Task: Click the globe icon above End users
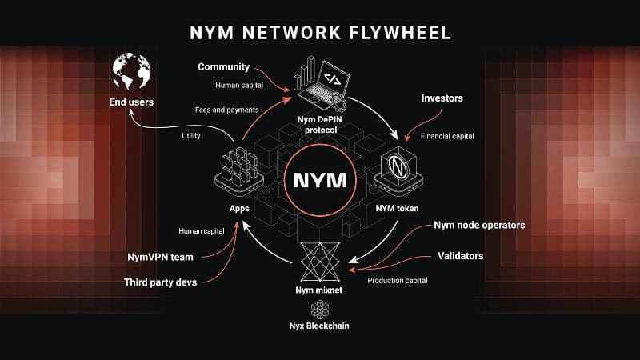pyautogui.click(x=133, y=73)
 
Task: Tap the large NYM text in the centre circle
pyautogui.click(x=320, y=179)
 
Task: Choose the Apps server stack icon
pyautogui.click(x=240, y=170)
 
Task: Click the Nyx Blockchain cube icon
pyautogui.click(x=319, y=310)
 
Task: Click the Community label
pyautogui.click(x=223, y=67)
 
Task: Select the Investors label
pyautogui.click(x=442, y=98)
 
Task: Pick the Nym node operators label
pyautogui.click(x=479, y=225)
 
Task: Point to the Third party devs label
pyautogui.click(x=163, y=282)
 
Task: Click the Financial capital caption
pyautogui.click(x=447, y=137)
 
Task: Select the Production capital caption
pyautogui.click(x=398, y=280)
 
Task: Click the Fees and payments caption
pyautogui.click(x=226, y=110)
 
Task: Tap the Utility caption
pyautogui.click(x=193, y=136)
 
